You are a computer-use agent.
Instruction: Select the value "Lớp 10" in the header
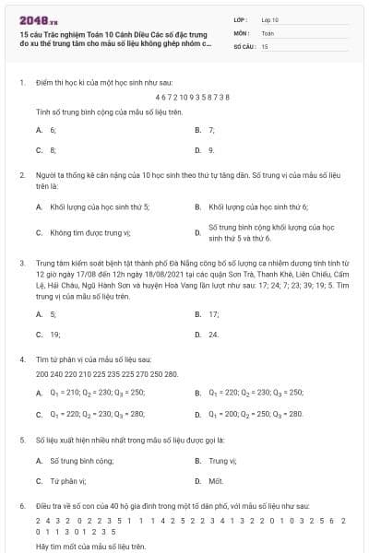coord(270,18)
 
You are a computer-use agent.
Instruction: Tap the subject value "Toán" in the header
coord(268,31)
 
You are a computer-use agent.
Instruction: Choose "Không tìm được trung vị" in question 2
coord(90,232)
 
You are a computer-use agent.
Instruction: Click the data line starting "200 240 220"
coord(106,373)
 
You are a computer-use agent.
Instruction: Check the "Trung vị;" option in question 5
coord(223,459)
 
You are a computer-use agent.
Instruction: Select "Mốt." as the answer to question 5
coord(216,480)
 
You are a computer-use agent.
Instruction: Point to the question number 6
coord(21,506)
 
